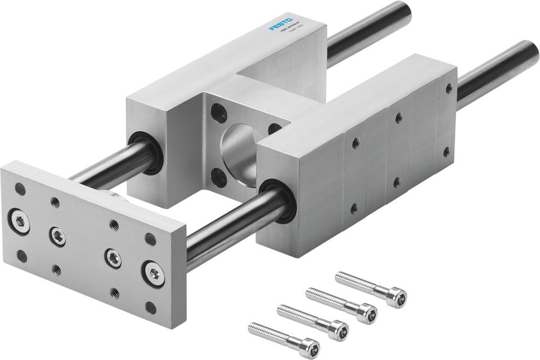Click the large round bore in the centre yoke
pos(238,148)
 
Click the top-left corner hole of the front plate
pos(20,189)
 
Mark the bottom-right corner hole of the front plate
pos(151,308)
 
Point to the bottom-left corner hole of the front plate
pos(22,255)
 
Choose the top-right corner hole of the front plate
pos(150,239)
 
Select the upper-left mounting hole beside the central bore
pos(219,113)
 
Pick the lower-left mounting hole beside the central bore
pos(219,176)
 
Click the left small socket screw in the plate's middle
pos(57,235)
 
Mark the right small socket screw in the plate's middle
pos(113,258)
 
